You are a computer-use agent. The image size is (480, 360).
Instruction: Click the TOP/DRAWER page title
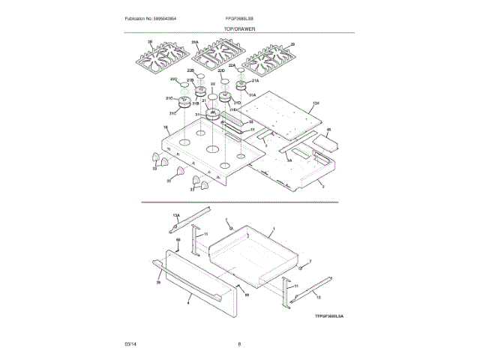coord(239,28)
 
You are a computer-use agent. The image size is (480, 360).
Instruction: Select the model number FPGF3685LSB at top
coord(239,17)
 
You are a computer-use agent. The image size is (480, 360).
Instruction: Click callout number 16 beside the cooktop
coord(165,128)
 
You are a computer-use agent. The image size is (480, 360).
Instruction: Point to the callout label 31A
coord(252,95)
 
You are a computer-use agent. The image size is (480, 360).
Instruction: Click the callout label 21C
coord(169,98)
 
